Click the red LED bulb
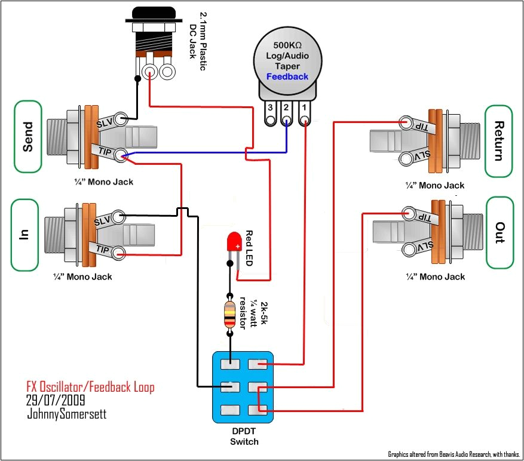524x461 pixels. pyautogui.click(x=233, y=242)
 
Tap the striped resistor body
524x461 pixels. pyautogui.click(x=229, y=315)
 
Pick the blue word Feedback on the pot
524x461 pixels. pyautogui.click(x=287, y=76)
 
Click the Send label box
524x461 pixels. pyautogui.click(x=27, y=137)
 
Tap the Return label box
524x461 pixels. pyautogui.click(x=499, y=141)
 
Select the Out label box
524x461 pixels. pyautogui.click(x=500, y=232)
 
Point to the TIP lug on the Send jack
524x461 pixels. pyautogui.click(x=121, y=156)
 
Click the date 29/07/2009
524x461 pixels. pyautogui.click(x=55, y=400)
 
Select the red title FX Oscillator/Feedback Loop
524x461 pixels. pyautogui.click(x=90, y=387)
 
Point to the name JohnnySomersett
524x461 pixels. pyautogui.click(x=66, y=413)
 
